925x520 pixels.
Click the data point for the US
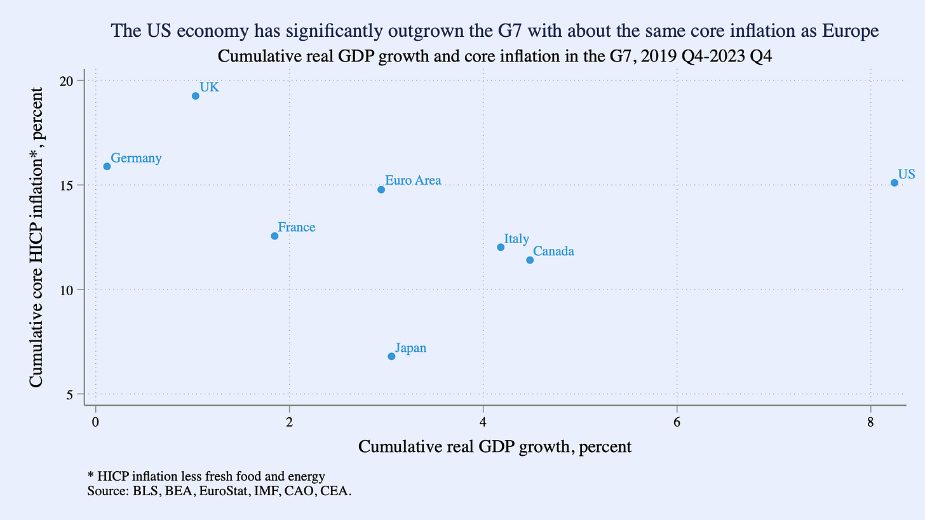coord(894,183)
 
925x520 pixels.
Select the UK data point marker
coord(196,96)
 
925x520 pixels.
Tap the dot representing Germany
coord(107,166)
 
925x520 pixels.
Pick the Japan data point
coord(391,356)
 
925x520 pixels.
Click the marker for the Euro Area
coord(381,190)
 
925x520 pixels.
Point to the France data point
coord(274,236)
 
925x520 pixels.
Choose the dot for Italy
coord(501,247)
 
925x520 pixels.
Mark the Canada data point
coord(530,260)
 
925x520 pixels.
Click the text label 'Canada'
coord(553,251)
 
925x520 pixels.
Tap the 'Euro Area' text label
coord(413,181)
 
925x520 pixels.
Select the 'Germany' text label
coord(136,158)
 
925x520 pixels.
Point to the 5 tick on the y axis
coord(71,394)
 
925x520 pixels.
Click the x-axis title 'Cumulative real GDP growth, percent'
coord(495,447)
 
